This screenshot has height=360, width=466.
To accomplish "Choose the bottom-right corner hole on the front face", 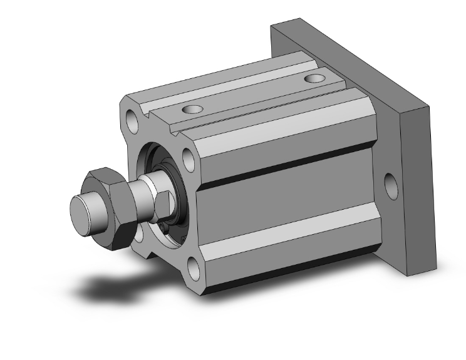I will tap(195, 270).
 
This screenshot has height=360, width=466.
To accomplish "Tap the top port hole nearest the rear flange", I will tap(315, 80).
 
